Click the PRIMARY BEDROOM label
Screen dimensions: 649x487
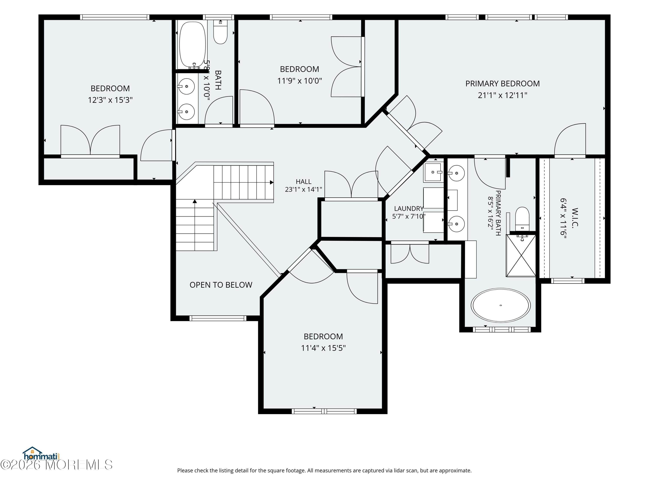[502, 84]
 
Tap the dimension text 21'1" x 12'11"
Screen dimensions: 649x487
[502, 95]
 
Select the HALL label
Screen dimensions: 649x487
[303, 182]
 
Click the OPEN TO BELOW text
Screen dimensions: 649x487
[221, 285]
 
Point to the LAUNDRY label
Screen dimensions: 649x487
[408, 208]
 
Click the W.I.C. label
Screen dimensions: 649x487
[575, 218]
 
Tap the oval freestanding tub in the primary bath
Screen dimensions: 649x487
[501, 305]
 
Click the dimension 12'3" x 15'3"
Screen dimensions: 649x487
[110, 100]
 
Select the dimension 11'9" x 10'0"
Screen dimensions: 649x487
[300, 81]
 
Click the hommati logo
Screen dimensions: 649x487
[41, 454]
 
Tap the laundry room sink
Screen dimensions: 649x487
[432, 172]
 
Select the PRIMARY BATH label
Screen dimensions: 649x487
[498, 213]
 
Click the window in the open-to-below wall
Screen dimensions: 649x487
[217, 318]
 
